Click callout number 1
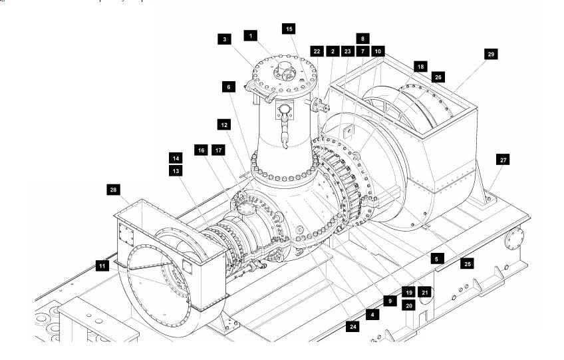pos(250,35)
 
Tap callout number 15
pos(288,29)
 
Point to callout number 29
pos(492,53)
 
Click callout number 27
pos(503,159)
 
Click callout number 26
pos(438,76)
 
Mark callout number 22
pos(317,51)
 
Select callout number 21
pos(426,291)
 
